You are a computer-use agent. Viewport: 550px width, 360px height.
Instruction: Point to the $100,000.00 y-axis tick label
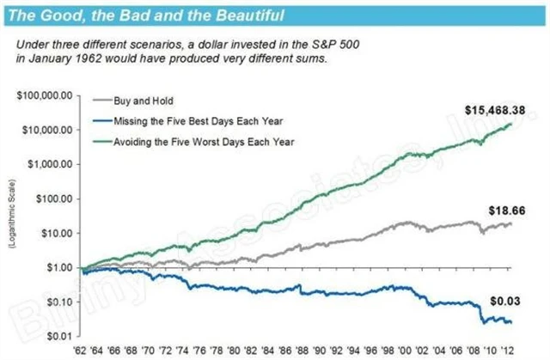coord(43,95)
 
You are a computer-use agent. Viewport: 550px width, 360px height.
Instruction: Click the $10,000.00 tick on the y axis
coord(46,129)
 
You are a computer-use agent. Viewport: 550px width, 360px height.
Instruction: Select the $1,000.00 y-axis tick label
coord(48,163)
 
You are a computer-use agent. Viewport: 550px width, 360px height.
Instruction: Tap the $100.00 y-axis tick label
coord(52,198)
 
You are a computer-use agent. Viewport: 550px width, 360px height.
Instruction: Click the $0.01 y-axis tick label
coord(56,336)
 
